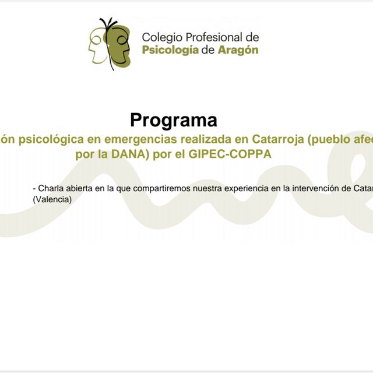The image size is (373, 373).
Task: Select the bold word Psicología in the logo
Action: [171, 50]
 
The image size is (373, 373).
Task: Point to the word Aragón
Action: [238, 50]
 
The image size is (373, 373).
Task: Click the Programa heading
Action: [174, 120]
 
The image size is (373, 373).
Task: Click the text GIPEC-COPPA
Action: [228, 155]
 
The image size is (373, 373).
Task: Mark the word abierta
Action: [83, 188]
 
